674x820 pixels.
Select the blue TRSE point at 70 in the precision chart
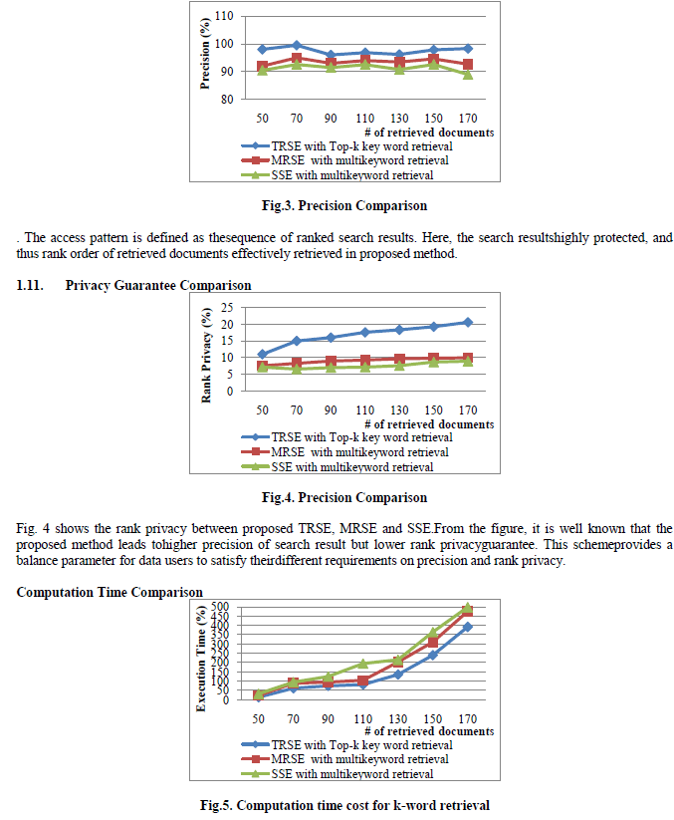tap(297, 45)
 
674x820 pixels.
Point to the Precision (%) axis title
tap(205, 56)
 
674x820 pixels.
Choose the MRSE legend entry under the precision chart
tap(346, 160)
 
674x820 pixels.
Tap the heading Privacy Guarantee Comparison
tap(158, 286)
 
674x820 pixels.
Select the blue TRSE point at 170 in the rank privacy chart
tap(467, 322)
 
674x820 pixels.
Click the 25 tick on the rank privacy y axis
tap(226, 307)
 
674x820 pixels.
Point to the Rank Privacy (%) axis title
tap(207, 354)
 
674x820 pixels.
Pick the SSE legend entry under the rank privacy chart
tap(346, 466)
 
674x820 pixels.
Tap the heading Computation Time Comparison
tap(110, 593)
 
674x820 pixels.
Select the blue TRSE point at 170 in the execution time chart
tap(467, 627)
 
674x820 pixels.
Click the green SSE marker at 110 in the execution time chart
tap(364, 664)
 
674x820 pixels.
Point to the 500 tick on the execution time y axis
tap(222, 607)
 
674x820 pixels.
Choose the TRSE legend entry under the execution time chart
tap(346, 745)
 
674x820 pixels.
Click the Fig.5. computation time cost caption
tap(343, 805)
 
